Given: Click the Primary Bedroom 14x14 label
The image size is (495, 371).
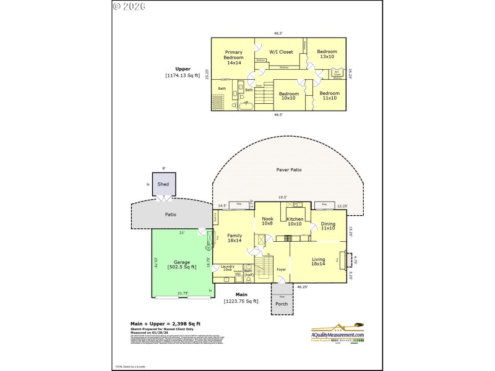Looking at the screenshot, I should (233, 58).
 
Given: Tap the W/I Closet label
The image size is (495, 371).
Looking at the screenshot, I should (281, 52).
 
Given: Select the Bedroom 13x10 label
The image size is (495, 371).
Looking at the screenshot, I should (327, 54).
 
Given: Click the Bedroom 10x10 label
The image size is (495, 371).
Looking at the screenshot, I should (288, 96).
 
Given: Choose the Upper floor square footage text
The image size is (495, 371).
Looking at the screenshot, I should (183, 72).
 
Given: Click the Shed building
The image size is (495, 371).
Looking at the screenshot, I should (163, 184).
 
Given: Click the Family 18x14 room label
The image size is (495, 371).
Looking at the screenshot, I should (235, 239).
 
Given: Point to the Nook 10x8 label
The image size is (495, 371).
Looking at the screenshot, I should (267, 221).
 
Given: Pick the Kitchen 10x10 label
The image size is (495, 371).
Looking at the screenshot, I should (295, 221).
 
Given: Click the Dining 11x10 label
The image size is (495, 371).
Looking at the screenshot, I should (328, 226).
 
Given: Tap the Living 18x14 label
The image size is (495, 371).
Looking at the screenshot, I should (318, 262).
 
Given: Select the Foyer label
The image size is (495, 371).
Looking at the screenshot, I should (281, 270).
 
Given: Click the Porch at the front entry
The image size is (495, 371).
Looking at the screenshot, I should (282, 303).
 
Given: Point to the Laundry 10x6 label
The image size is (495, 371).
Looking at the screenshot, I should (227, 269).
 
